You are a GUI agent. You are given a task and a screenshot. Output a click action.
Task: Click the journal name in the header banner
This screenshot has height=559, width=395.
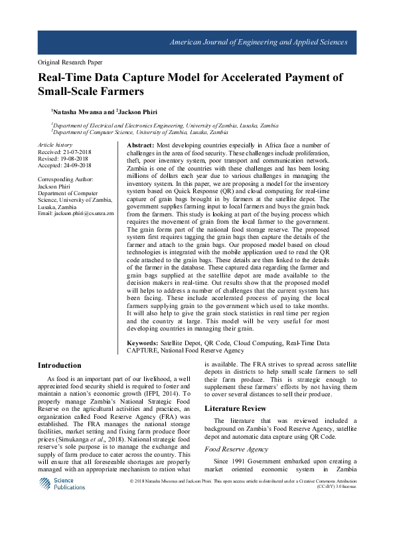[x=259, y=42]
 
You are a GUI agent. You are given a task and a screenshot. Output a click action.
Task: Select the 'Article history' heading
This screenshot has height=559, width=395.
[x=55, y=144]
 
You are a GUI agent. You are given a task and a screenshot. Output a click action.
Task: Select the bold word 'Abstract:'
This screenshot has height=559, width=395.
[x=141, y=144]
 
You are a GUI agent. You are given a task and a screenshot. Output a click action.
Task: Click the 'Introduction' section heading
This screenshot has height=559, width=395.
[x=60, y=365]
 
